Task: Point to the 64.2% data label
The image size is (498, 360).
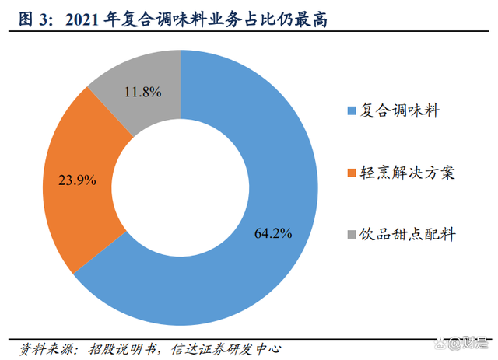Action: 273,232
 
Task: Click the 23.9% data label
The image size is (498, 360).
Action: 78,180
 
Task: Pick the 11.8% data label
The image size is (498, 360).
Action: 143,92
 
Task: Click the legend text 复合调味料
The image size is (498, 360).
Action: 399,111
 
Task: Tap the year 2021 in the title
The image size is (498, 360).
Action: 86,19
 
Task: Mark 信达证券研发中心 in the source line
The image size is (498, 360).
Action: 226,347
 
